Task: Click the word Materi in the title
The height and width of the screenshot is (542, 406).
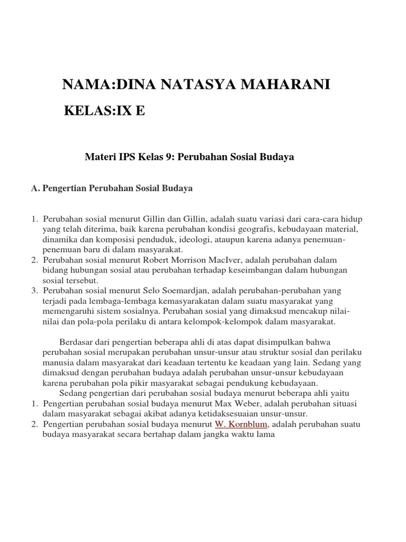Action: (x=99, y=157)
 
